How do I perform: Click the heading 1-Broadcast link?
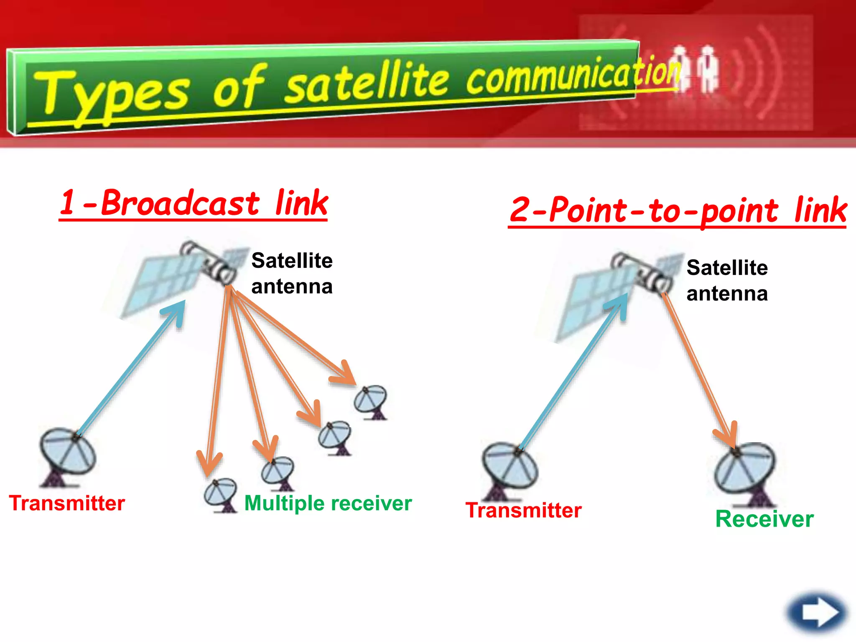(194, 204)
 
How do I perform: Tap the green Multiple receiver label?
(328, 503)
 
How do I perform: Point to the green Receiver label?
(764, 519)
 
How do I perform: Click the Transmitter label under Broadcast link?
(67, 503)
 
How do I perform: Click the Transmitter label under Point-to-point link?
(523, 510)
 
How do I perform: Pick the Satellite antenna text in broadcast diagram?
(292, 273)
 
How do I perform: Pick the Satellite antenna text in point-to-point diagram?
(727, 280)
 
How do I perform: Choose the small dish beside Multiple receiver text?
(221, 495)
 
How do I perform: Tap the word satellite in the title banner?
(368, 84)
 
